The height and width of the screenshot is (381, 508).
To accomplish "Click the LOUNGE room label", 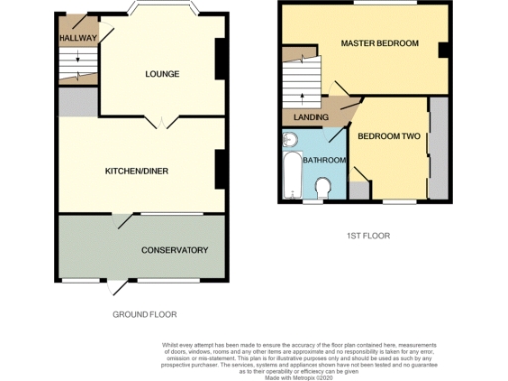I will [161, 74].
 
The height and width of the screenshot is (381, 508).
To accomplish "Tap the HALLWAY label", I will [77, 38].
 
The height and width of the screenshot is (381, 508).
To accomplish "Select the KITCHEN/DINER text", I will [136, 171].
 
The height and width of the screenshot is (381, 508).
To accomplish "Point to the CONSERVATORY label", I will [175, 249].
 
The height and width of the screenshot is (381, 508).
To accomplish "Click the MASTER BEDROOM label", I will [379, 44].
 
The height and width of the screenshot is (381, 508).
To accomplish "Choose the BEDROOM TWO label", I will [389, 136].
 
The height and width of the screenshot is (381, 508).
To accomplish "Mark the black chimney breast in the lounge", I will [218, 60].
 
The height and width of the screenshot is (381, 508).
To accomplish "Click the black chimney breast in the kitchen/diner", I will [218, 168].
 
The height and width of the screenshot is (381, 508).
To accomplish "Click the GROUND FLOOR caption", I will [144, 314].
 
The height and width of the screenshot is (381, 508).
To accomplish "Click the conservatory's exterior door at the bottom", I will [119, 287].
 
